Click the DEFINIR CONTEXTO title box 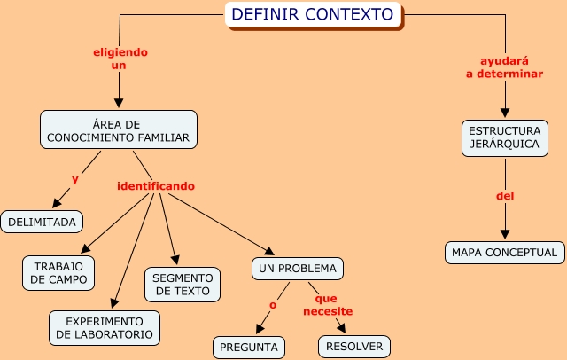(x=312, y=14)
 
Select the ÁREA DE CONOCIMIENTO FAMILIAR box (x=118, y=130)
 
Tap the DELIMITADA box (x=42, y=222)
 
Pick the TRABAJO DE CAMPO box (x=58, y=273)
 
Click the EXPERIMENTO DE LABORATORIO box (x=105, y=327)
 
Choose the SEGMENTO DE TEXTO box (x=182, y=285)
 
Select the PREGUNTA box (x=249, y=347)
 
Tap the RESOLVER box (x=353, y=347)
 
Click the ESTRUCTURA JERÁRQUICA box (x=504, y=137)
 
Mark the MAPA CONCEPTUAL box (x=504, y=253)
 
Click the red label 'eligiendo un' (x=120, y=59)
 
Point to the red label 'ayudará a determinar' (x=504, y=67)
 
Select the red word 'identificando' (x=156, y=186)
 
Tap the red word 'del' (x=505, y=196)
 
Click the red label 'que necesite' (x=328, y=305)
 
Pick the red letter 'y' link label (x=75, y=179)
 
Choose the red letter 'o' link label (x=273, y=305)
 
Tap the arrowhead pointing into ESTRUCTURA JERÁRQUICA (x=505, y=113)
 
